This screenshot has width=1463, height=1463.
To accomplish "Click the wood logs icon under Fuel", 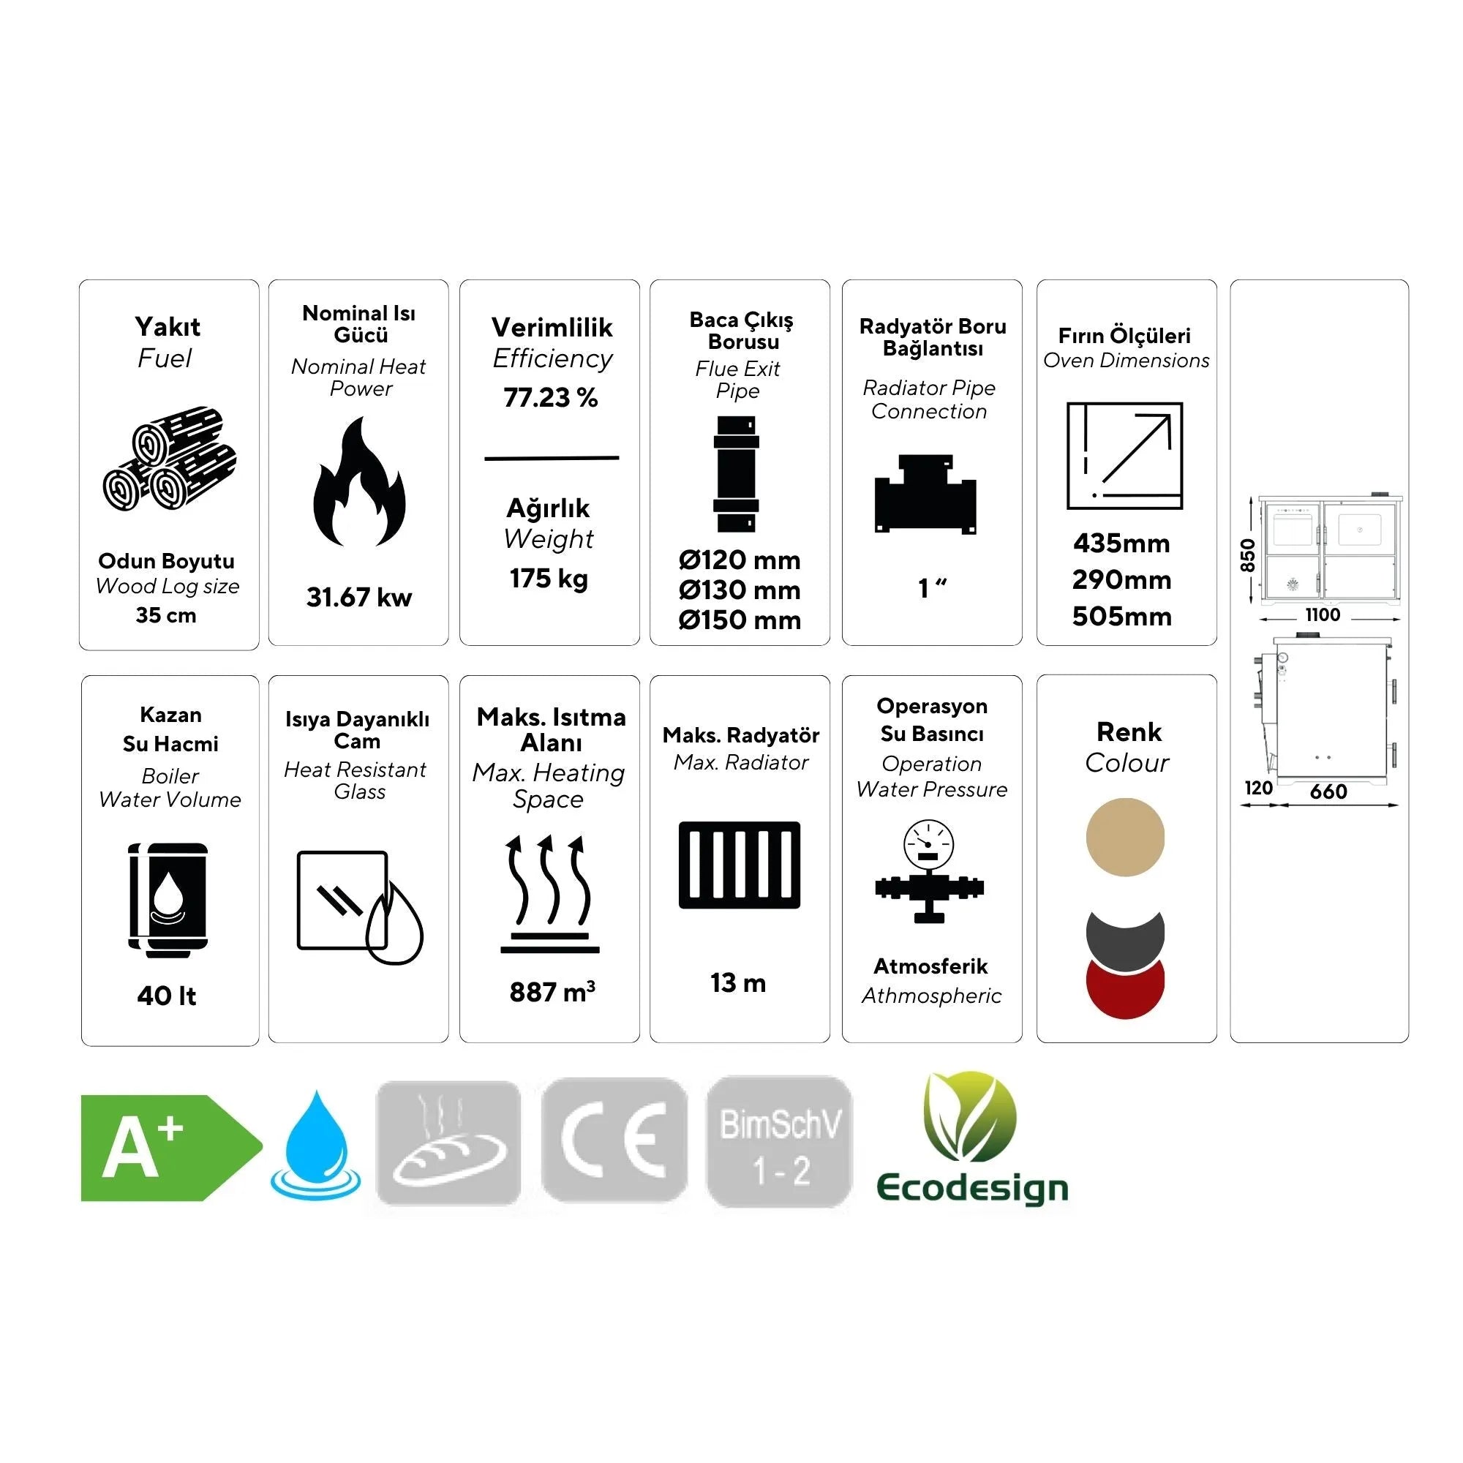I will tap(169, 459).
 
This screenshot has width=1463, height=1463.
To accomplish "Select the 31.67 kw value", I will tap(359, 598).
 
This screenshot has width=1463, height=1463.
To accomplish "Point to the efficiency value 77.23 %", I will tap(551, 397).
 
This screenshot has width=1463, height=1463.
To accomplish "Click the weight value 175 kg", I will tap(549, 579).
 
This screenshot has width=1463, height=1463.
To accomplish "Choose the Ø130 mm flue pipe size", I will tap(739, 590).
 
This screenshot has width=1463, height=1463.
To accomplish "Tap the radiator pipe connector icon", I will tap(925, 494).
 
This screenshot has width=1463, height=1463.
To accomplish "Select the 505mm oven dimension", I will tap(1121, 617).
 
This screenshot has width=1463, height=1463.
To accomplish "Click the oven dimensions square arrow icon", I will tap(1124, 456).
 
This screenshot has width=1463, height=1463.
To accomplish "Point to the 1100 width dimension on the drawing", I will tap(1322, 615).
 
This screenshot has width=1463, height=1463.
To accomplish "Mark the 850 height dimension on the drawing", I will tap(1248, 555).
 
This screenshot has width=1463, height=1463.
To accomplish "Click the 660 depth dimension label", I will tap(1328, 791).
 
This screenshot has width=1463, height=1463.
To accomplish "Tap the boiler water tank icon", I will tap(168, 899).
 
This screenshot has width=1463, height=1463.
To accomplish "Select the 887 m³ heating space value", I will tap(552, 992).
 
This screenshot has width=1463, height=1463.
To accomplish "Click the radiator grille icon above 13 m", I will tap(739, 865).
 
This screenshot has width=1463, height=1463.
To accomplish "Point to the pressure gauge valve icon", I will tap(929, 870).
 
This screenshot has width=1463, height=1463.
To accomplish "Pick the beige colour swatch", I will tap(1124, 837).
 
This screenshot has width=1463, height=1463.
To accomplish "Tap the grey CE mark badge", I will tap(614, 1140).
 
